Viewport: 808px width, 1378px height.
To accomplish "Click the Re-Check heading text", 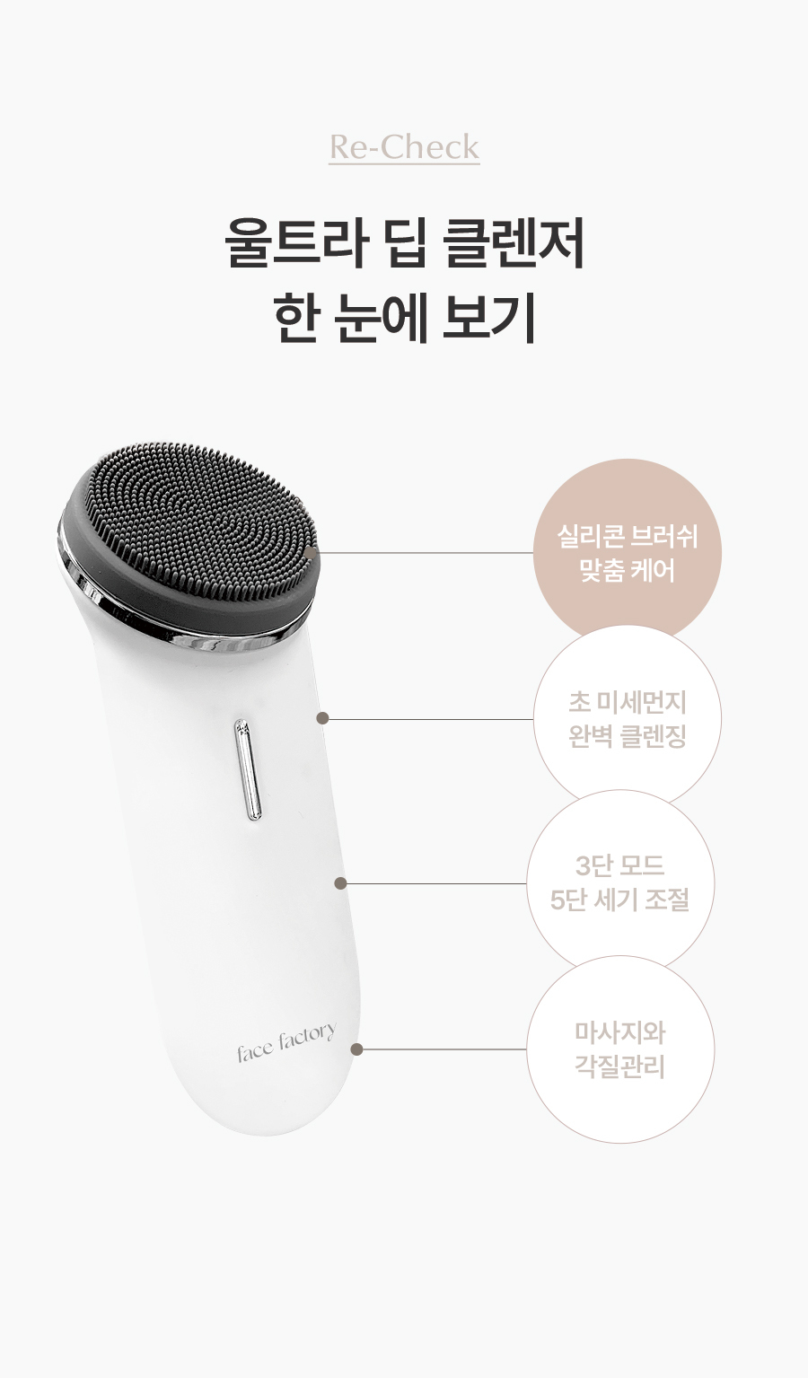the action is point(404,147).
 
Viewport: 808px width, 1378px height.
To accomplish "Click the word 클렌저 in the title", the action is point(513,243).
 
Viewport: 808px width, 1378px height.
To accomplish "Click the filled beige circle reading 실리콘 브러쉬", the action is point(627,552).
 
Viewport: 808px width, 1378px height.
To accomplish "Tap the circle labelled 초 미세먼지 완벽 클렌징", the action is point(627,718).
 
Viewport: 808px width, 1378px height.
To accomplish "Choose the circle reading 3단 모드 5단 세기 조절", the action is point(620,883).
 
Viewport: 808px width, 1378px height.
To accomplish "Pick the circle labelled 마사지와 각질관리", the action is point(620,1049).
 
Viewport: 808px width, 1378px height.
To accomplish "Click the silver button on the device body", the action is point(248,769).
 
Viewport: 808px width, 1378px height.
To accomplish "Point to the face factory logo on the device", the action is point(286,1042).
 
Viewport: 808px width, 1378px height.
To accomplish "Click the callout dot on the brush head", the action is point(311,552).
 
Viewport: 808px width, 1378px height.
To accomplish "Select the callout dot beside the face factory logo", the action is point(356,1049).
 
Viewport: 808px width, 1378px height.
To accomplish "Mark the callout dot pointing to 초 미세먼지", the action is point(322,718).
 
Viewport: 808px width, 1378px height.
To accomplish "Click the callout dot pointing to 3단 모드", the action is point(340,883).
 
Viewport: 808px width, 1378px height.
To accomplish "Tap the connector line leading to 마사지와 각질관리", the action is point(441,1049).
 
